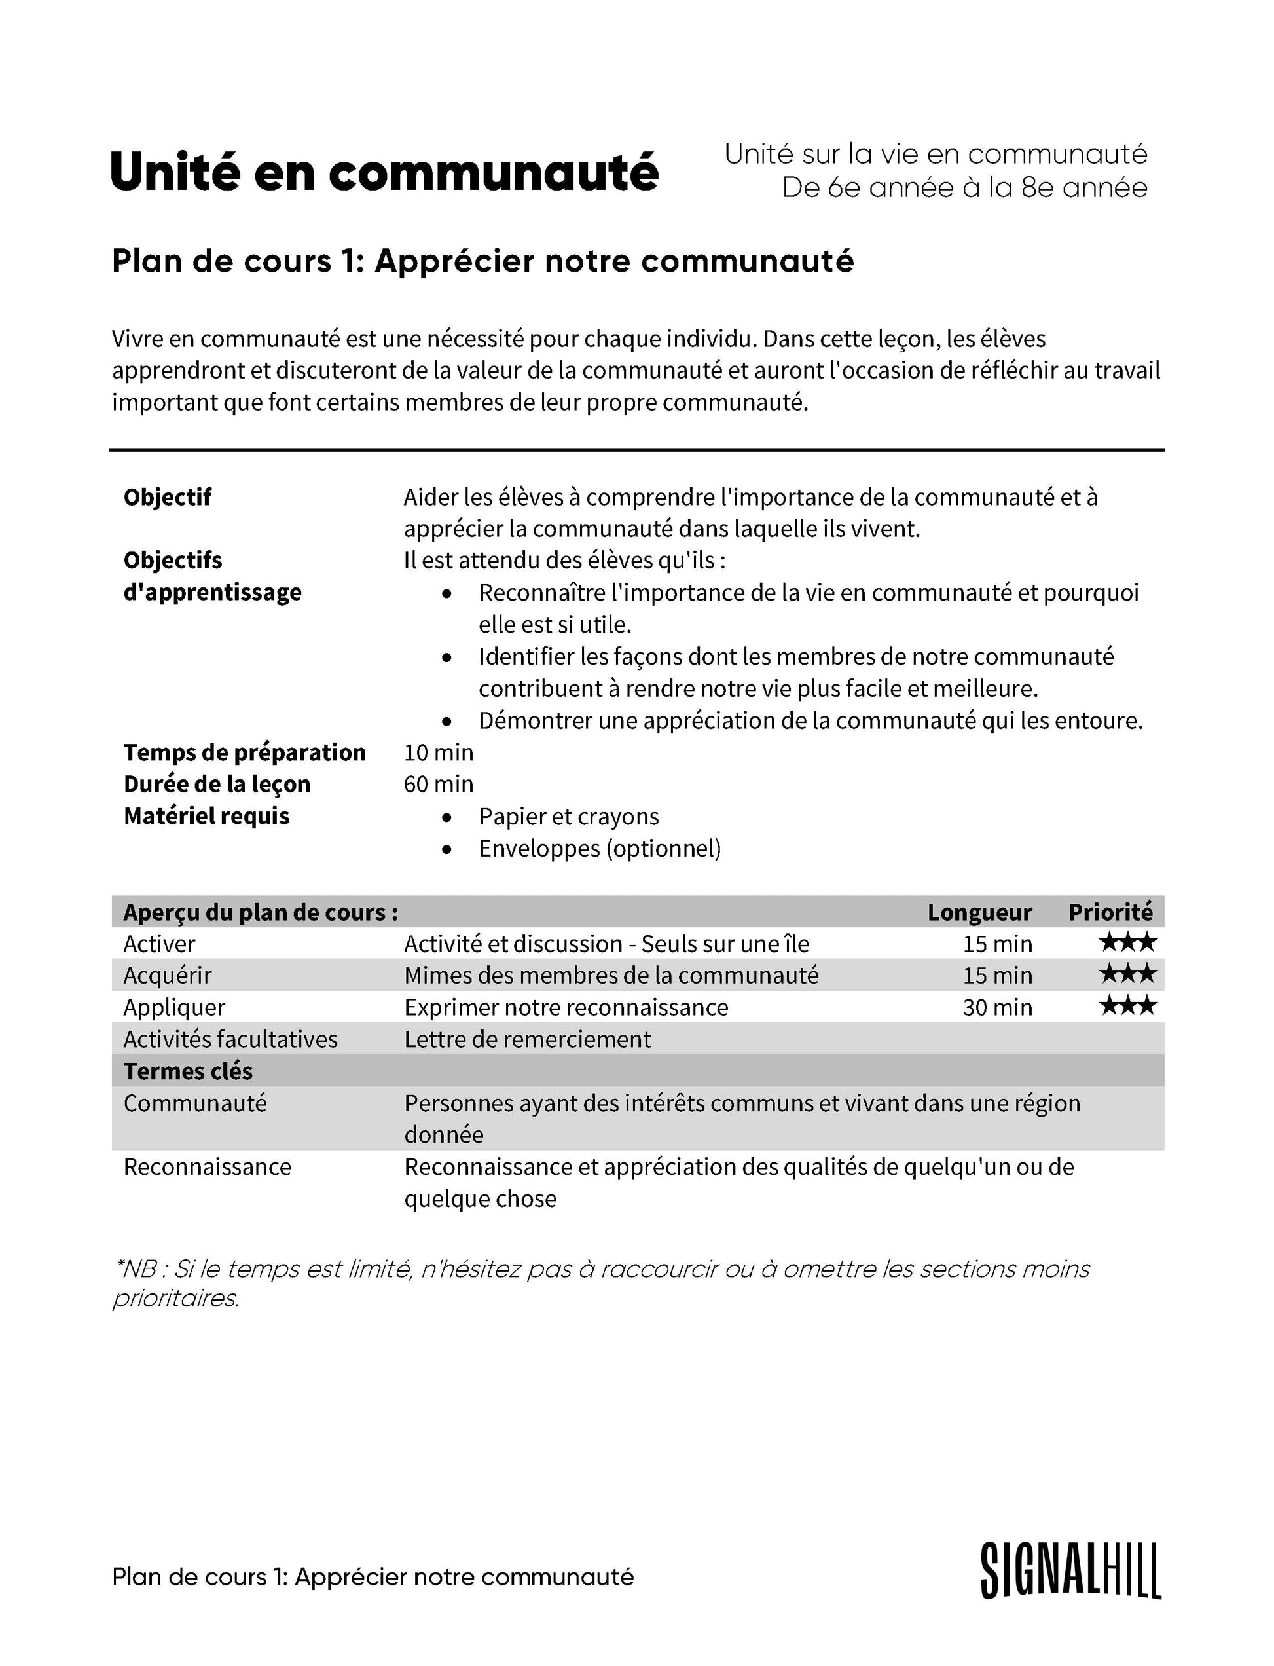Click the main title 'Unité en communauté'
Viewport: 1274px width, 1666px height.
coord(384,172)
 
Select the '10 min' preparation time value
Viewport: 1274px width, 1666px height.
coord(439,752)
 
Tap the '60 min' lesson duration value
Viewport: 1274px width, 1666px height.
coord(439,784)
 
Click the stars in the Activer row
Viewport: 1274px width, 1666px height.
coord(1127,943)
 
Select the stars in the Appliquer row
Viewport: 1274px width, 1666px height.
coord(1127,1007)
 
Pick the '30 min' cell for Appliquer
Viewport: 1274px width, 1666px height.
coord(997,1007)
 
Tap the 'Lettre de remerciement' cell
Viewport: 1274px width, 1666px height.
coord(527,1039)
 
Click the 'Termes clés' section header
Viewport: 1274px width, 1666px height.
coord(188,1071)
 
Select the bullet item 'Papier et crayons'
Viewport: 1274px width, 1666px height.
coord(569,817)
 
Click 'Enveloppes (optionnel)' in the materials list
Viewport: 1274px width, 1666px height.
coord(599,848)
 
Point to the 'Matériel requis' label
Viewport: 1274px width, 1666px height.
coord(206,817)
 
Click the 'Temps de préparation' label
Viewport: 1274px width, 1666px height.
coord(244,752)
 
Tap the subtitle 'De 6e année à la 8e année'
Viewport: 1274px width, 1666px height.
coord(964,187)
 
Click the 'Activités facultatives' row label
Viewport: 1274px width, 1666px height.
coord(230,1039)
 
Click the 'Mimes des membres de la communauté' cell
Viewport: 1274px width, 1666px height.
coord(611,976)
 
